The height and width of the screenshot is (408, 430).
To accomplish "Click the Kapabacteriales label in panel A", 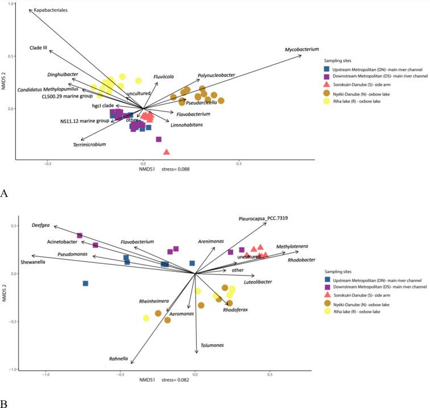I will pyautogui.click(x=51, y=11).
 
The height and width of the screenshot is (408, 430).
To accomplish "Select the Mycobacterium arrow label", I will pyautogui.click(x=302, y=50).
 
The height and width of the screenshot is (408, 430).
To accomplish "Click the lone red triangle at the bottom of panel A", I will pyautogui.click(x=166, y=152).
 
